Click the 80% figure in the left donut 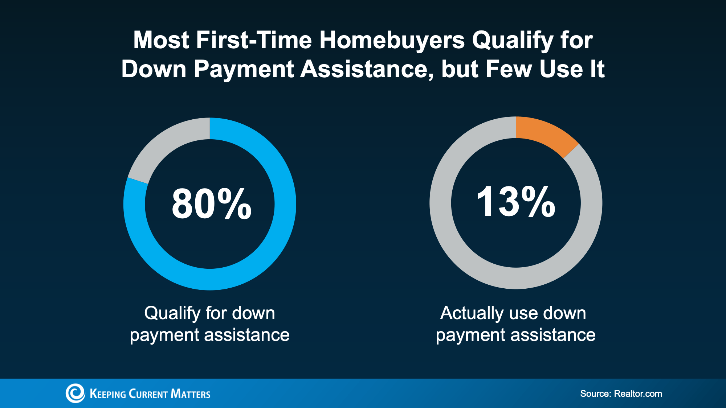tap(211, 204)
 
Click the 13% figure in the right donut tap(515, 202)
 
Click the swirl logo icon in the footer tap(75, 393)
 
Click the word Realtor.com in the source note tap(638, 393)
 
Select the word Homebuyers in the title tap(392, 40)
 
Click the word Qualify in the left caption tap(172, 313)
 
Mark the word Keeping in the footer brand tap(107, 394)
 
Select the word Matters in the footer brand tap(191, 394)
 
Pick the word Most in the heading tap(161, 40)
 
